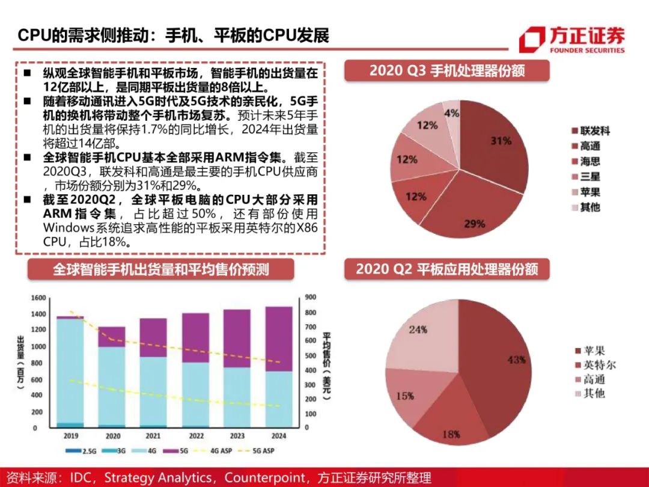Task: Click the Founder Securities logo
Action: coord(571,40)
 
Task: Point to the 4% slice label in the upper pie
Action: coord(451,113)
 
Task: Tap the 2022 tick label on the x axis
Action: coord(196,436)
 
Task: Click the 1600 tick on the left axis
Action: coord(38,298)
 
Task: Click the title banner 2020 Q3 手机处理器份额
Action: coord(446,71)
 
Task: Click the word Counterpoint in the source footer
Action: coord(265,478)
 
